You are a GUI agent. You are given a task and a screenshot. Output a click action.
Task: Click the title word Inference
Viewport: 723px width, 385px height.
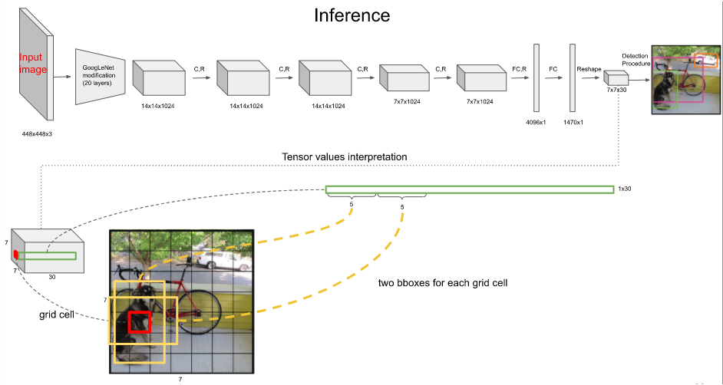pyautogui.click(x=352, y=15)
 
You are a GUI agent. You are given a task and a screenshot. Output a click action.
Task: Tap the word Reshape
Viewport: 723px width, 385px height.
pyautogui.click(x=589, y=68)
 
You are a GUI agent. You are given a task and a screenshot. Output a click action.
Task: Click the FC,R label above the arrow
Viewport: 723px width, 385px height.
pyautogui.click(x=520, y=68)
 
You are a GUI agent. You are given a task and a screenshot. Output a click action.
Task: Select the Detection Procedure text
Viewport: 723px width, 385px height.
pyautogui.click(x=636, y=59)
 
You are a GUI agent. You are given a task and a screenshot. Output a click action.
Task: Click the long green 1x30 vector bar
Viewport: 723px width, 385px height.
pyautogui.click(x=469, y=189)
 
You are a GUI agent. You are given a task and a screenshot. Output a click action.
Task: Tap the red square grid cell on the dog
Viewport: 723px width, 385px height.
pyautogui.click(x=140, y=322)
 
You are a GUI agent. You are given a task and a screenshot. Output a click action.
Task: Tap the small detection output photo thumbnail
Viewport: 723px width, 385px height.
pyautogui.click(x=686, y=80)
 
